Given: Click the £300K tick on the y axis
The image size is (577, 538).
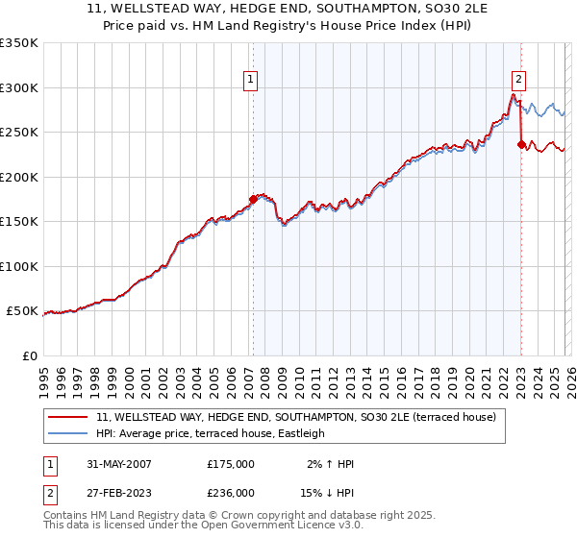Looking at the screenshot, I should [x=19, y=87].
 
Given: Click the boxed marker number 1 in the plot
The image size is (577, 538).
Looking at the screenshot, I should [x=250, y=80].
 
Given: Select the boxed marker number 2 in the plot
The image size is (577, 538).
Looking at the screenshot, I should [x=519, y=80].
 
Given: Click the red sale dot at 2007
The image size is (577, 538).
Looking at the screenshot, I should [x=253, y=199].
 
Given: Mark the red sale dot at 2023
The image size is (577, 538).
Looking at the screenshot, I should [x=521, y=145].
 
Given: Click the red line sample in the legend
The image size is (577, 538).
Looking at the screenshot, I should [x=67, y=417].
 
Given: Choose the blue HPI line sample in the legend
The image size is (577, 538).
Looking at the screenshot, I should [x=67, y=433].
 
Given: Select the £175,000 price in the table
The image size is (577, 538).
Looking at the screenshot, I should [x=231, y=464].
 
